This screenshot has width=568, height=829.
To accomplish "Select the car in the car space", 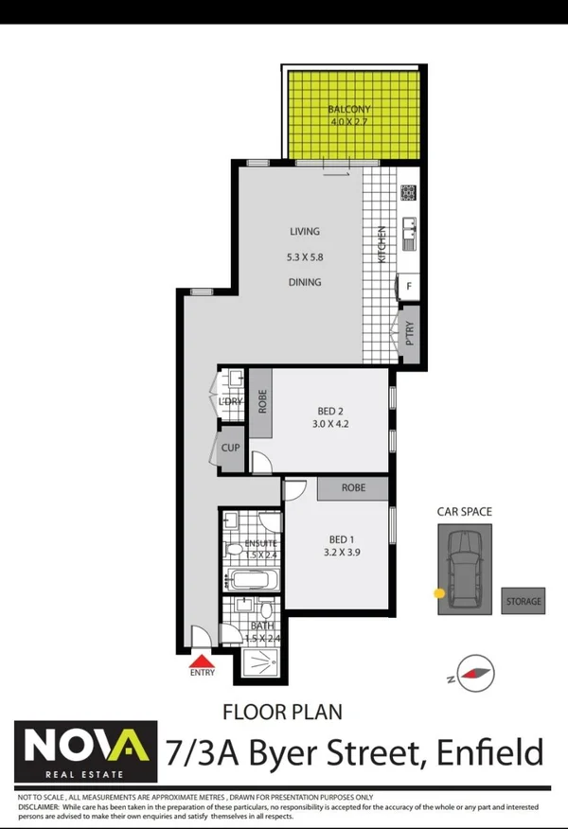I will pyautogui.click(x=465, y=569).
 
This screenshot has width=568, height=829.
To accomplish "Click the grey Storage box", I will pyautogui.click(x=524, y=601).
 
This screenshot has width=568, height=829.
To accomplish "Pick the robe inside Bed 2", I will pyautogui.click(x=262, y=403).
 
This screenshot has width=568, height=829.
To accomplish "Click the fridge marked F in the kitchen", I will pyautogui.click(x=408, y=285).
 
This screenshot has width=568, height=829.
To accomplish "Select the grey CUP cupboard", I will pyautogui.click(x=230, y=448).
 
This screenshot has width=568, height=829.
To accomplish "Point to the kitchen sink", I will pyautogui.click(x=408, y=228).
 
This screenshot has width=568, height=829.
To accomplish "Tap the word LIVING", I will pyautogui.click(x=305, y=232).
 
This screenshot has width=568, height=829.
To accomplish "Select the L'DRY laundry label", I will pyautogui.click(x=230, y=402).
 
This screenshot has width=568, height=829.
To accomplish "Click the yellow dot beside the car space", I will pyautogui.click(x=438, y=593).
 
